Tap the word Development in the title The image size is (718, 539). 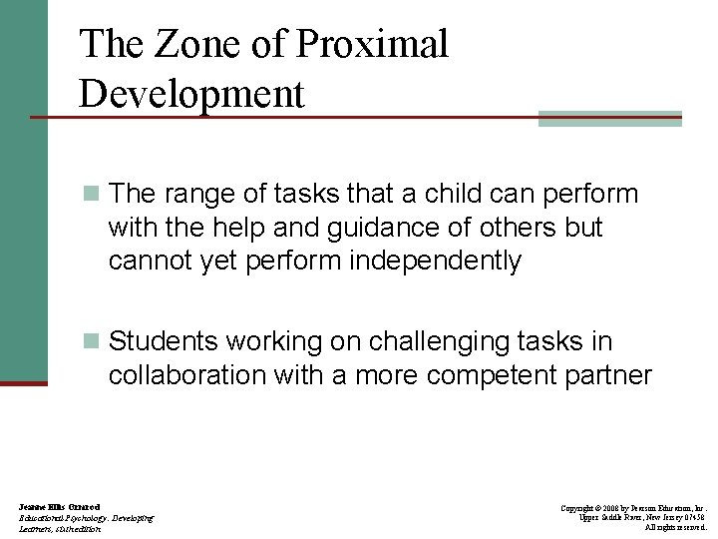click(191, 94)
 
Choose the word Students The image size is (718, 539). click(164, 341)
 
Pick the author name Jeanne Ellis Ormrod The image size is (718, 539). click(59, 508)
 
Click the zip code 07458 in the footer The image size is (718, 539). click(694, 518)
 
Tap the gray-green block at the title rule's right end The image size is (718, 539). click(609, 118)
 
